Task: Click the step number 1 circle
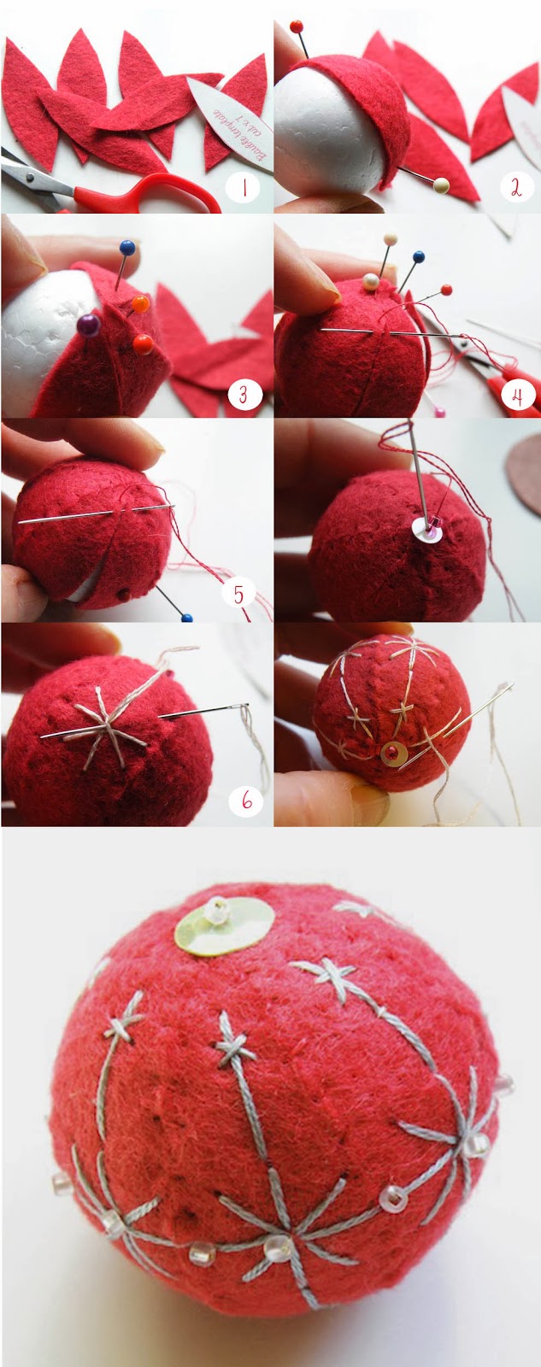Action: tap(244, 188)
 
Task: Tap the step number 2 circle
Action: tap(515, 188)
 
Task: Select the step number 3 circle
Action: tap(244, 394)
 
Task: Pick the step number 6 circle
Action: tap(246, 801)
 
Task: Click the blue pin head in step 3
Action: tap(127, 248)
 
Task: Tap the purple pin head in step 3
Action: tap(87, 324)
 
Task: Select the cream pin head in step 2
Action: tap(441, 184)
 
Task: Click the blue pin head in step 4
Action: tap(419, 256)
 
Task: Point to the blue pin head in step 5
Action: tap(186, 618)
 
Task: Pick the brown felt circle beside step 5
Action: tap(523, 466)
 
